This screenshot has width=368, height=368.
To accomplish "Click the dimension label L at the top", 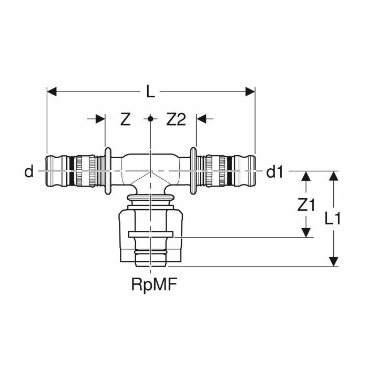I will pyautogui.click(x=150, y=93).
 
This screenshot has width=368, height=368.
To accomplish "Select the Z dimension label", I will pyautogui.click(x=125, y=120).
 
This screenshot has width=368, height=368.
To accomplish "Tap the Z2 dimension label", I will pyautogui.click(x=176, y=120).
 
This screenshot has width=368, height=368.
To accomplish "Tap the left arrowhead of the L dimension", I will pyautogui.click(x=52, y=93).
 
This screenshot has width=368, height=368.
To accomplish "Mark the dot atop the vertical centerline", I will pyautogui.click(x=150, y=119).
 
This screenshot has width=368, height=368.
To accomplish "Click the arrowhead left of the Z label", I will pyautogui.click(x=100, y=119).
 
